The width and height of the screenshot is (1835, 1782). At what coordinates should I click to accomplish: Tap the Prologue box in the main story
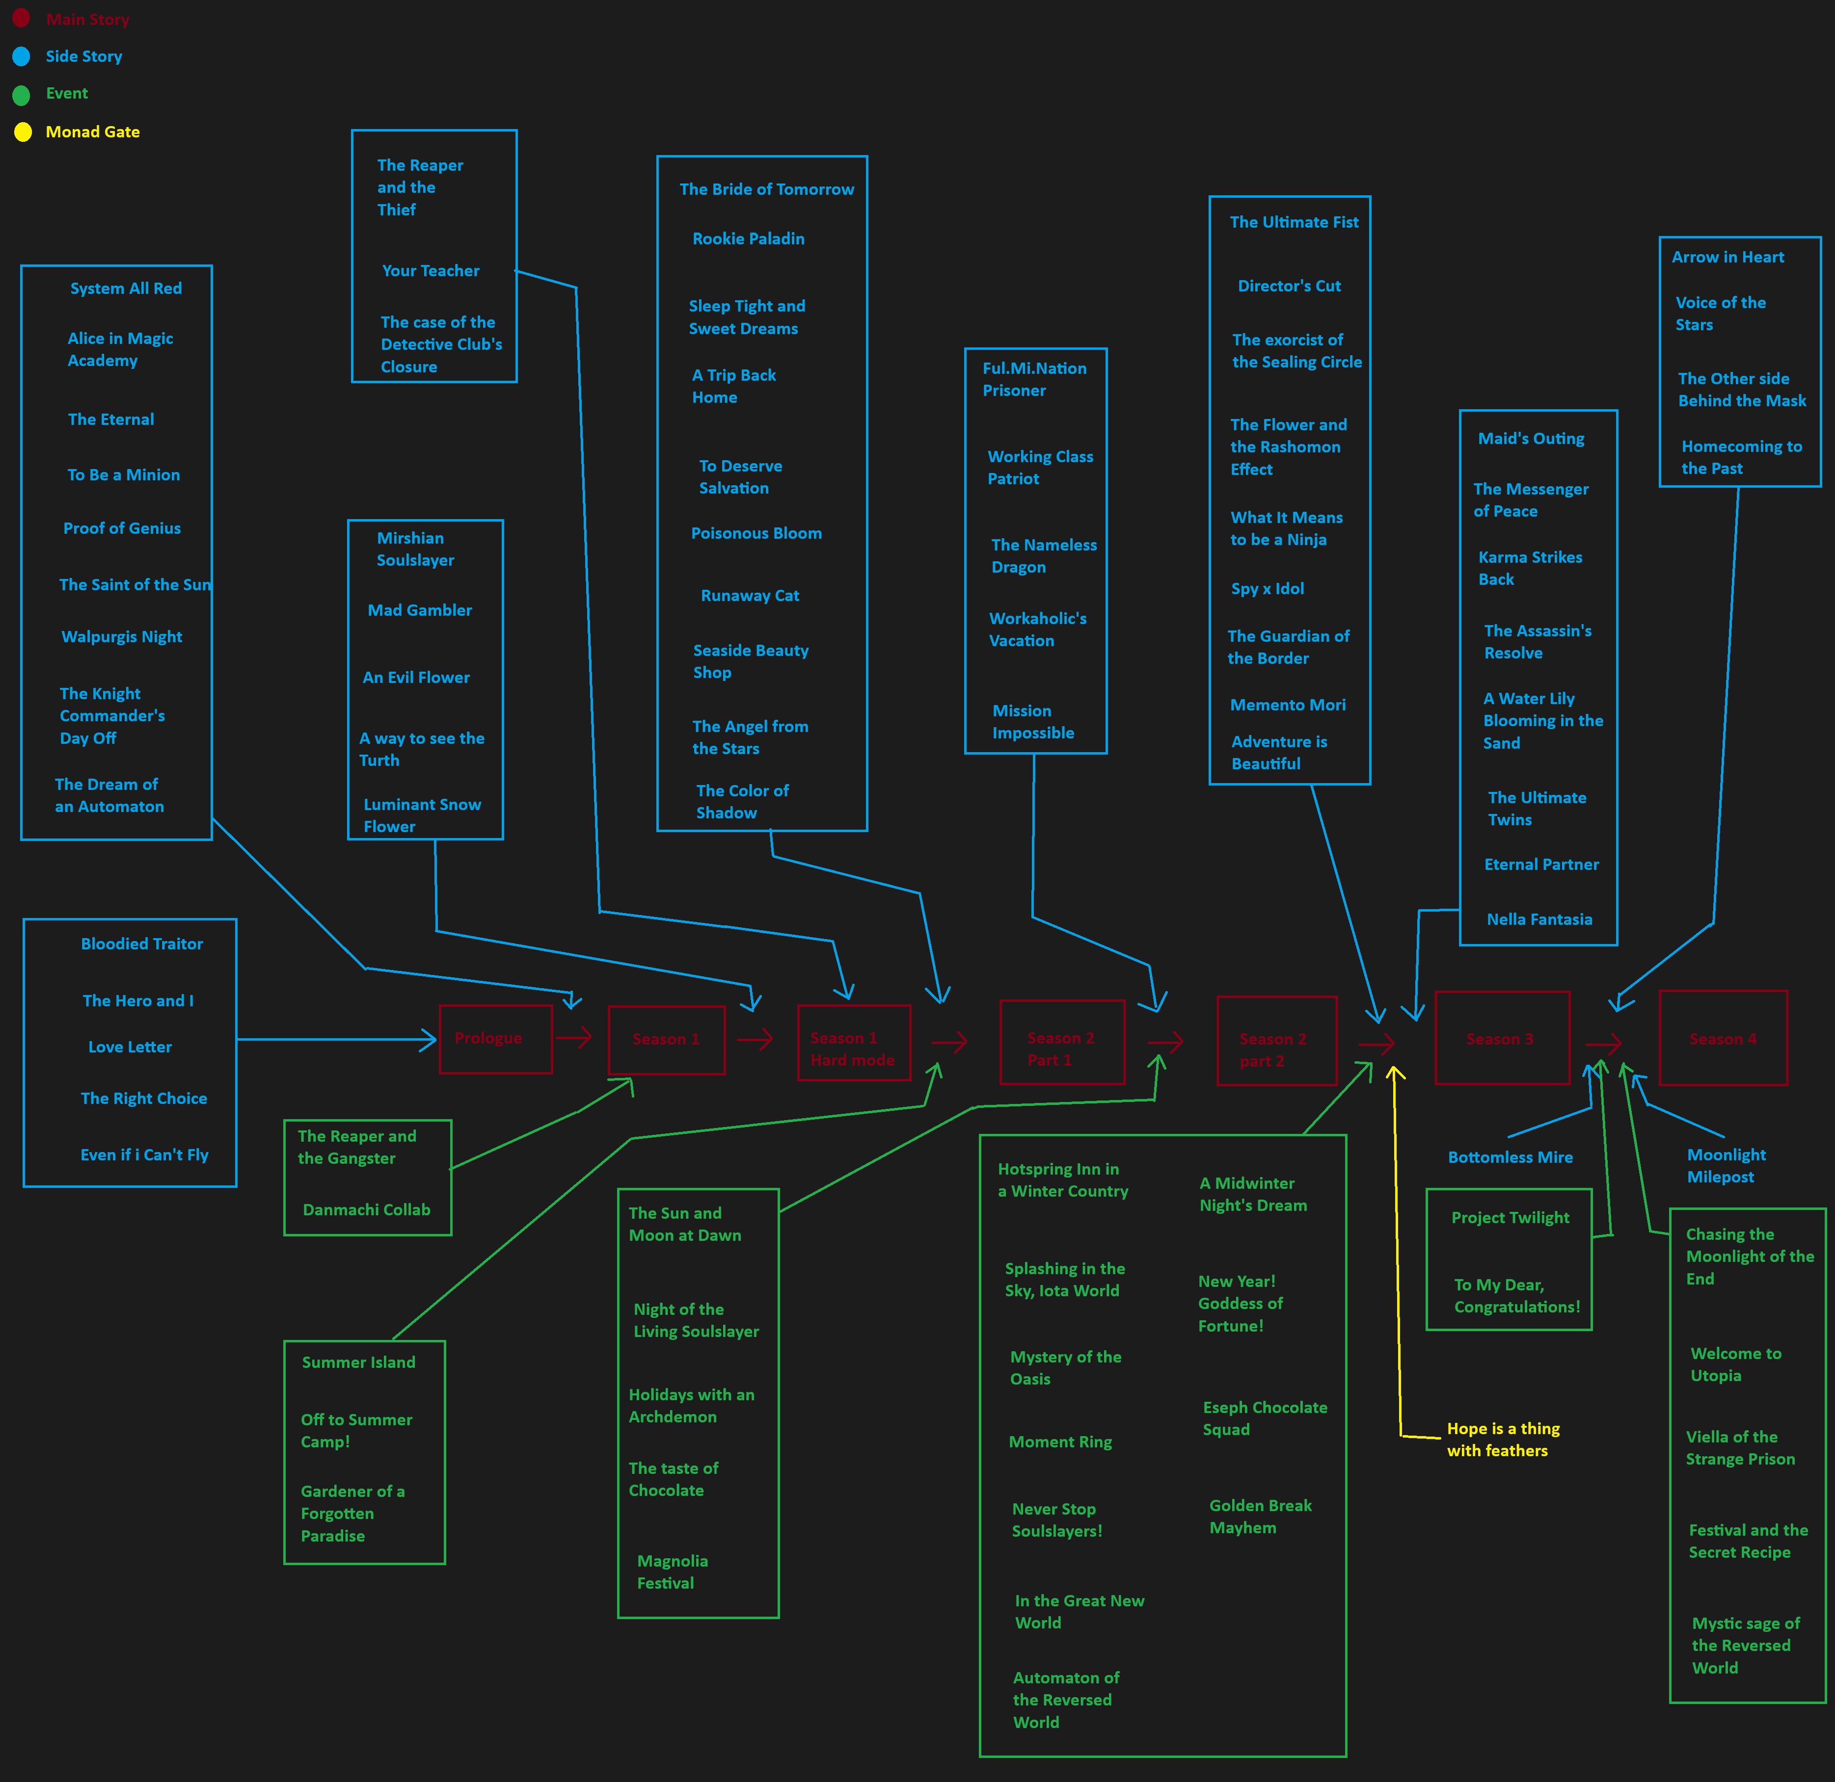[x=495, y=1039]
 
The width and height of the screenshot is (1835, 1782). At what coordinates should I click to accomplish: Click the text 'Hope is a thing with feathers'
[x=1503, y=1440]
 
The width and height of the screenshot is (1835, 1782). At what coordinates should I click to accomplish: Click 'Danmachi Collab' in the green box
[x=366, y=1210]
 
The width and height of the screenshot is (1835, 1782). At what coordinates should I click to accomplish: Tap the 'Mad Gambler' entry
[x=419, y=610]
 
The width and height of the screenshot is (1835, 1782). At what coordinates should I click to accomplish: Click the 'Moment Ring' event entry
[x=1060, y=1442]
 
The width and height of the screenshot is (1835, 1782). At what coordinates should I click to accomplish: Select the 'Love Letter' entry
[x=130, y=1048]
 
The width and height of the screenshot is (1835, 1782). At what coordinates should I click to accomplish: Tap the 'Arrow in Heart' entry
[x=1727, y=258]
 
